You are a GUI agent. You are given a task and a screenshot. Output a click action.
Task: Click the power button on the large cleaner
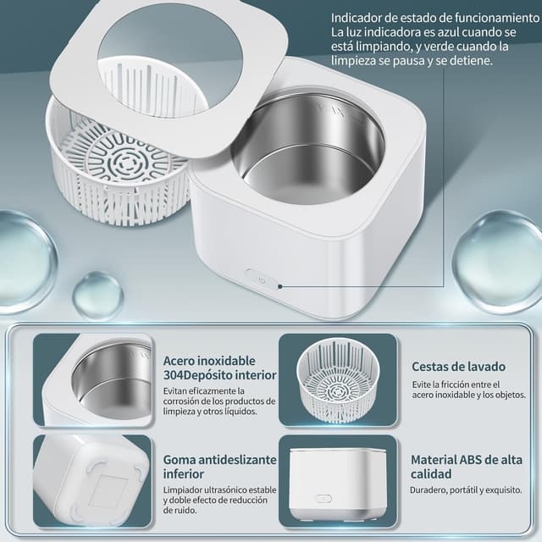[x=262, y=280]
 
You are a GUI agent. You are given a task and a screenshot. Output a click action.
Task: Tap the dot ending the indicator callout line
[x=280, y=286]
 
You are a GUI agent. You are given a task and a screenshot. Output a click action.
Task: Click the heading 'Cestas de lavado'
[x=458, y=367]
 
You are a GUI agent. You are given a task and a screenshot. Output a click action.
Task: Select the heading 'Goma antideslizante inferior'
[x=220, y=467]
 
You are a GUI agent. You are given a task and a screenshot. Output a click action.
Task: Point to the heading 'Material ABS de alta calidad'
[x=466, y=467]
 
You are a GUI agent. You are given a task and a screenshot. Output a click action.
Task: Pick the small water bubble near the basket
[x=98, y=295]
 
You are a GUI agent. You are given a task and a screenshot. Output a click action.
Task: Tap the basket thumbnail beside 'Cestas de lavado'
[x=338, y=379]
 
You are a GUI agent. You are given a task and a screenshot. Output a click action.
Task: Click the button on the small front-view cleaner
[x=324, y=499]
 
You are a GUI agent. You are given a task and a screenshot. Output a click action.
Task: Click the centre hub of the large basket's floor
[x=123, y=163]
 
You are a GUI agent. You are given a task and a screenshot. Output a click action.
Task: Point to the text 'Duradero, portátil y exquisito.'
[x=466, y=489]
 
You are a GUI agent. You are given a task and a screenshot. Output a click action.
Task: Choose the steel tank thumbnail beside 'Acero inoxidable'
[x=93, y=379]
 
